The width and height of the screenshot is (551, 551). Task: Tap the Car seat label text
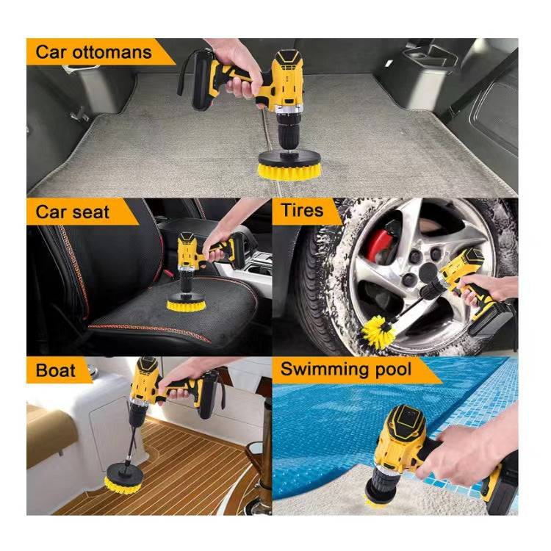click(x=73, y=212)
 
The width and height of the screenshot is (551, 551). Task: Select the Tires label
click(x=301, y=210)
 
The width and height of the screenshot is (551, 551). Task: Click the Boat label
click(x=56, y=370)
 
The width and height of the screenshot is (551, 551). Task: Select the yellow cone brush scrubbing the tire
click(x=379, y=331)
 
